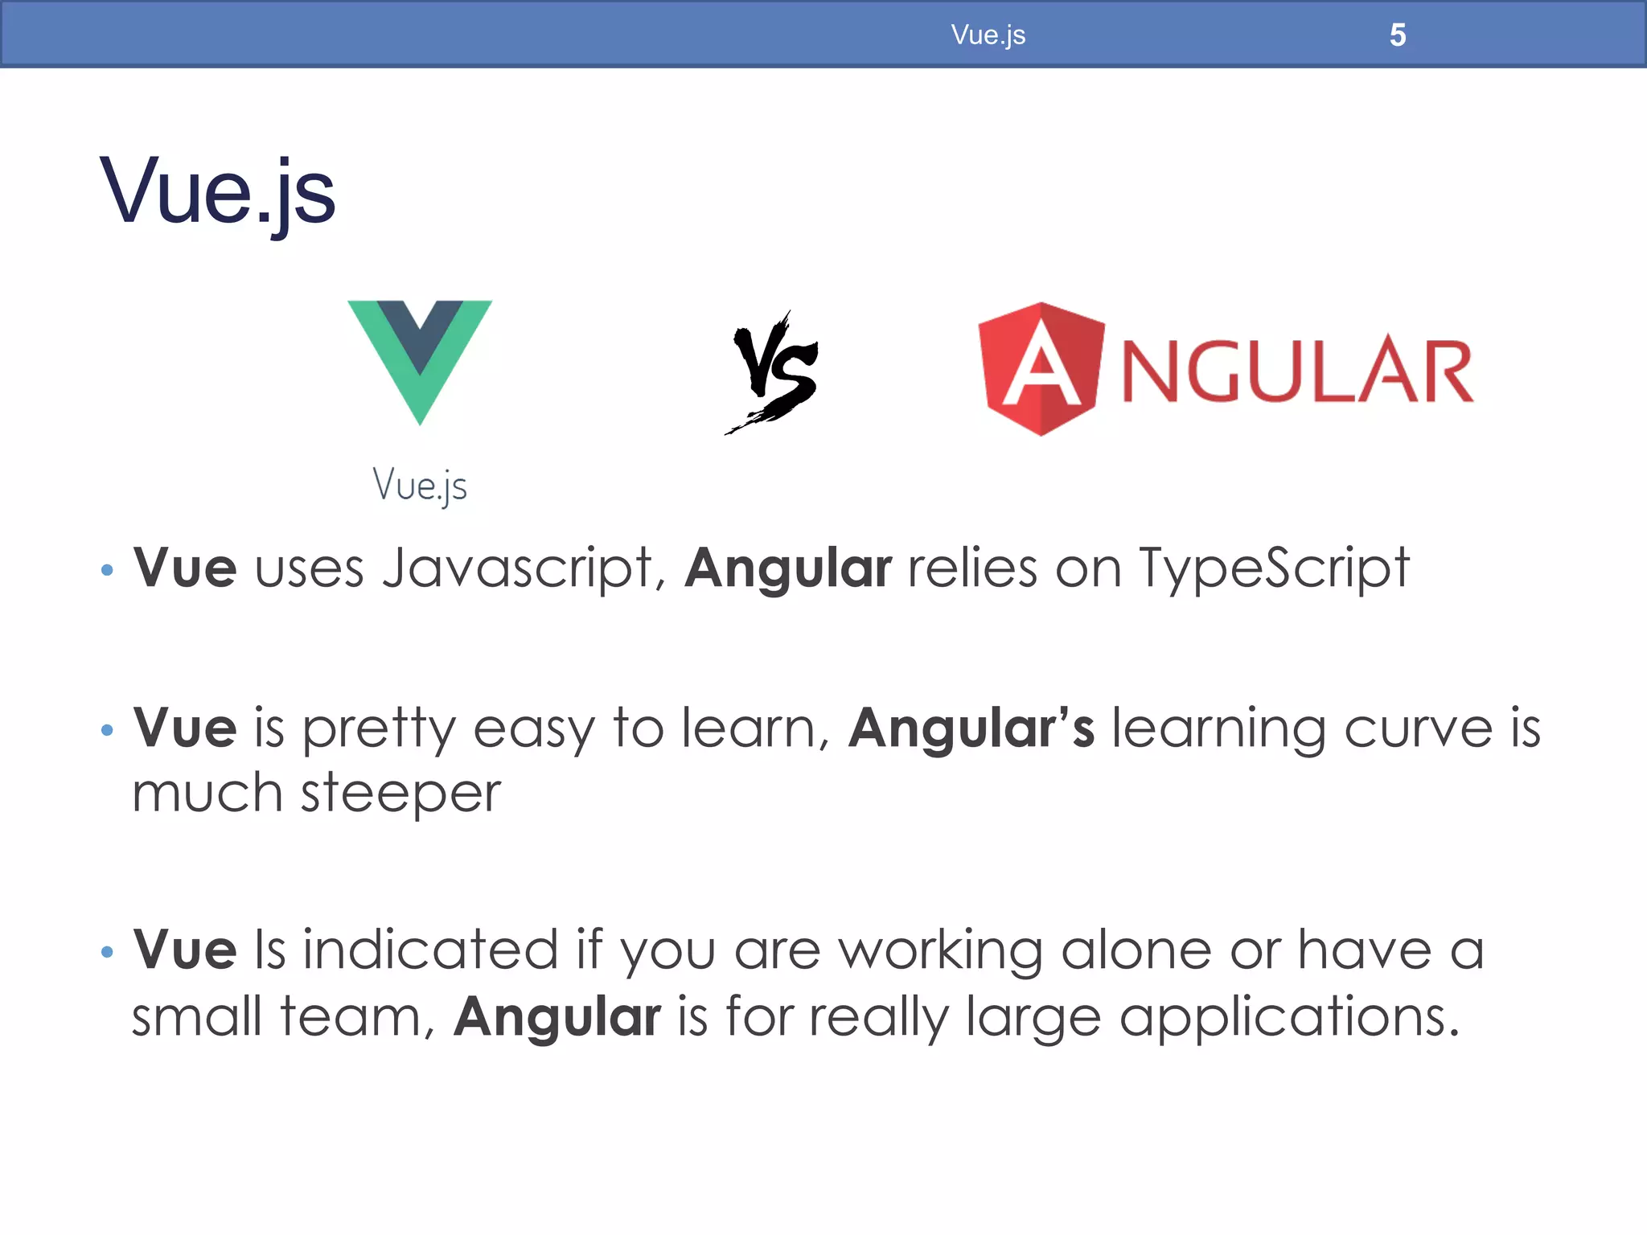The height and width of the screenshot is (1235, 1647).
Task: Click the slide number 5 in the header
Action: click(1398, 35)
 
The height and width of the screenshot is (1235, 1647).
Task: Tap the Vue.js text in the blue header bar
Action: click(988, 35)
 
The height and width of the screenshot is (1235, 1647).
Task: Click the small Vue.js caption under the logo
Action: click(419, 486)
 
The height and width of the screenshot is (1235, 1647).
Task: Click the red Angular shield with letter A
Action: click(1041, 369)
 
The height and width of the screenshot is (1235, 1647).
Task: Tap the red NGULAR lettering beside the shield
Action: click(1297, 371)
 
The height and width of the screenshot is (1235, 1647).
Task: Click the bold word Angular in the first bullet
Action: click(788, 569)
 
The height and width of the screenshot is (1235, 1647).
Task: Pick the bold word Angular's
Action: click(971, 728)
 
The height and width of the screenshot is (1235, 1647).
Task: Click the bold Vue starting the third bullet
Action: click(185, 950)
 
